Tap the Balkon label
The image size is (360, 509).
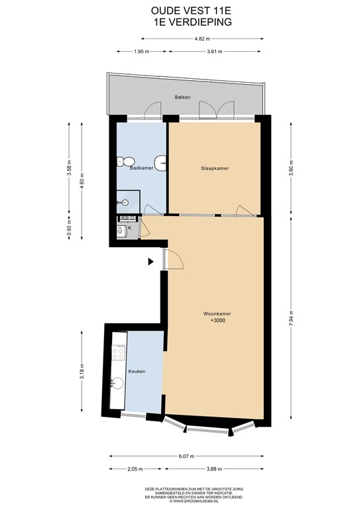click(x=182, y=97)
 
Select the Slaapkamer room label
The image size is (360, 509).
click(x=215, y=168)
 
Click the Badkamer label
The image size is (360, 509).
click(x=141, y=168)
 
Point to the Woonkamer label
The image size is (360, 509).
click(x=217, y=313)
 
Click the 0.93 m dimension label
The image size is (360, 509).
click(x=69, y=232)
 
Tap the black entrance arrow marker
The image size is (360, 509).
click(x=151, y=262)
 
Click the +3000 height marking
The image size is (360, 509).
click(x=217, y=321)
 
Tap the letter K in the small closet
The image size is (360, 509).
click(x=129, y=228)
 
